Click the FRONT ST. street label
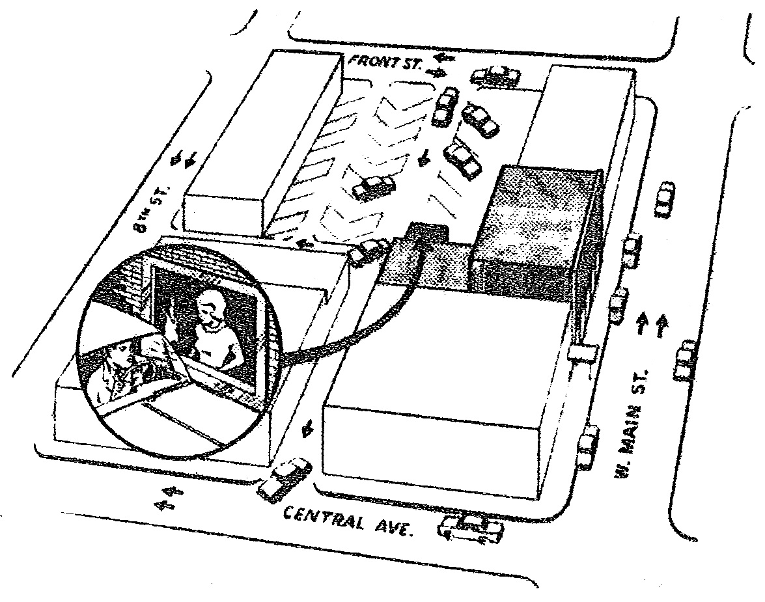[x=385, y=63]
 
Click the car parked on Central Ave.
[x=472, y=528]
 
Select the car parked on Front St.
[x=495, y=77]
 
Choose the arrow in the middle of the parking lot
[x=424, y=157]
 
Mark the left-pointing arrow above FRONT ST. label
[x=445, y=59]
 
